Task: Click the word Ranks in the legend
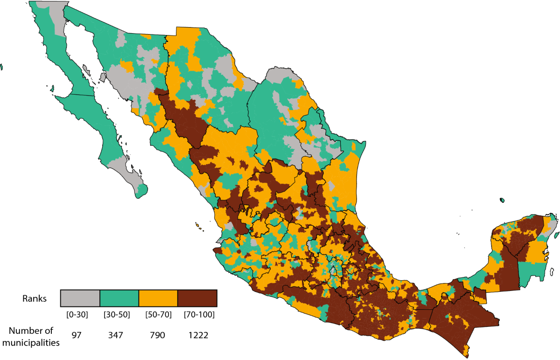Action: coord(34,299)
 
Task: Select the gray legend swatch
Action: coord(80,297)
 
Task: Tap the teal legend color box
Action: coord(119,297)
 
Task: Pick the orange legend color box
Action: coord(158,297)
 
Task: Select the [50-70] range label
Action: coord(158,314)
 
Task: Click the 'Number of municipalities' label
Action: coord(30,337)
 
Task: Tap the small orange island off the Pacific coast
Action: coord(198,227)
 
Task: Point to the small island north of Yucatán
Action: coord(502,200)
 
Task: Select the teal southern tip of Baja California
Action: coord(141,191)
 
